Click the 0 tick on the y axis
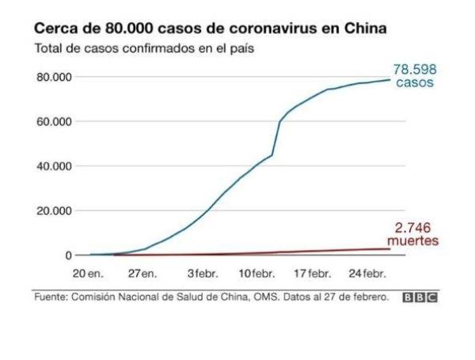[69, 256]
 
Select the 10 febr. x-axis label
[256, 274]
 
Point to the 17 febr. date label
[313, 274]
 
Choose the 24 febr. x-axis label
[368, 274]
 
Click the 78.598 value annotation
[415, 69]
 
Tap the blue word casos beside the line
[415, 82]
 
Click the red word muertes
[412, 240]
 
